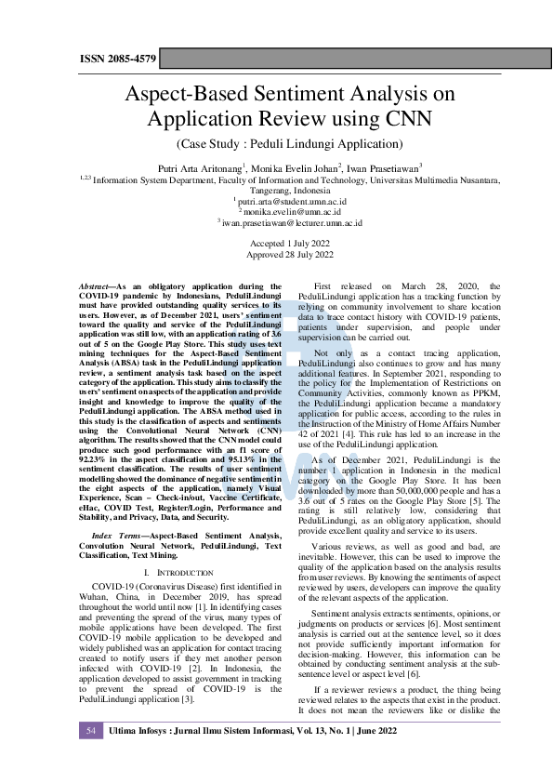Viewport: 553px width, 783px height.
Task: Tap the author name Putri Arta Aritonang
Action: [x=201, y=168]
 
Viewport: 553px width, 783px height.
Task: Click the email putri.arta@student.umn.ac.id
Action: [x=290, y=200]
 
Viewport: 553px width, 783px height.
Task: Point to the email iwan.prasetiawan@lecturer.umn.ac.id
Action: [x=290, y=223]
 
